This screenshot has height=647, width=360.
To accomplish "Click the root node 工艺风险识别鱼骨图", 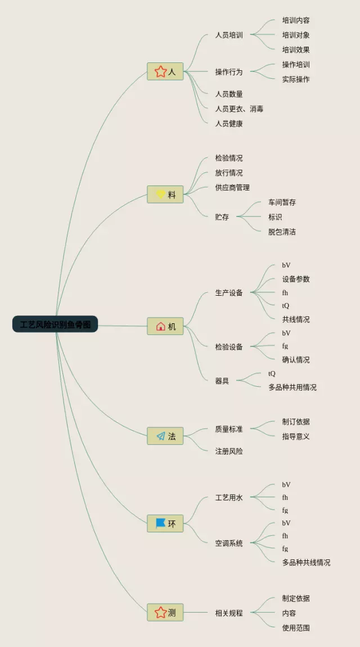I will pyautogui.click(x=55, y=324).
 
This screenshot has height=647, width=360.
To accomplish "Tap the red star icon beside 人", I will pyautogui.click(x=160, y=71).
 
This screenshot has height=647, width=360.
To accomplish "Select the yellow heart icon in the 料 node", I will pyautogui.click(x=160, y=194).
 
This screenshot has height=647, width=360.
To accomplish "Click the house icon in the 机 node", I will pyautogui.click(x=160, y=326).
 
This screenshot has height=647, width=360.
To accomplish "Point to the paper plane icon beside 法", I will pyautogui.click(x=160, y=436).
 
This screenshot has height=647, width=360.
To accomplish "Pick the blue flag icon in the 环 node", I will pyautogui.click(x=160, y=523).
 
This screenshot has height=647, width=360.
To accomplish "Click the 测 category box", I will pyautogui.click(x=165, y=613).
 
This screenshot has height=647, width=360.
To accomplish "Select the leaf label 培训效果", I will pyautogui.click(x=296, y=49).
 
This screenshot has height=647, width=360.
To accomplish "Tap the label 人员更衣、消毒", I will pyautogui.click(x=239, y=108).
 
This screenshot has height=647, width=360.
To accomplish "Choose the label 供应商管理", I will pyautogui.click(x=232, y=187).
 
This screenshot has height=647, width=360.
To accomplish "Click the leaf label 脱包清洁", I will pyautogui.click(x=282, y=232).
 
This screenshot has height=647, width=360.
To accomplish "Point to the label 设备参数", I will pyautogui.click(x=296, y=279).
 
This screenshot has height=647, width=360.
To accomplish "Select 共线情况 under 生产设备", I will pyautogui.click(x=296, y=319).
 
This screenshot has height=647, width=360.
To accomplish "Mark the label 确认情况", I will pyautogui.click(x=296, y=360).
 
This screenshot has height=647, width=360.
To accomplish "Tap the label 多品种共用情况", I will pyautogui.click(x=292, y=387).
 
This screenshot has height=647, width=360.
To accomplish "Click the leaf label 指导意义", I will pyautogui.click(x=296, y=436).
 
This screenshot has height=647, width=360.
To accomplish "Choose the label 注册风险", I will pyautogui.click(x=229, y=451).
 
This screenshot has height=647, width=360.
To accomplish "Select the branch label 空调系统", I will pyautogui.click(x=229, y=543).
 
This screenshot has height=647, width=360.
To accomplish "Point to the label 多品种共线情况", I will pyautogui.click(x=306, y=562).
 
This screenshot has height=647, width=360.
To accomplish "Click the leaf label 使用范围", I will pyautogui.click(x=296, y=627).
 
